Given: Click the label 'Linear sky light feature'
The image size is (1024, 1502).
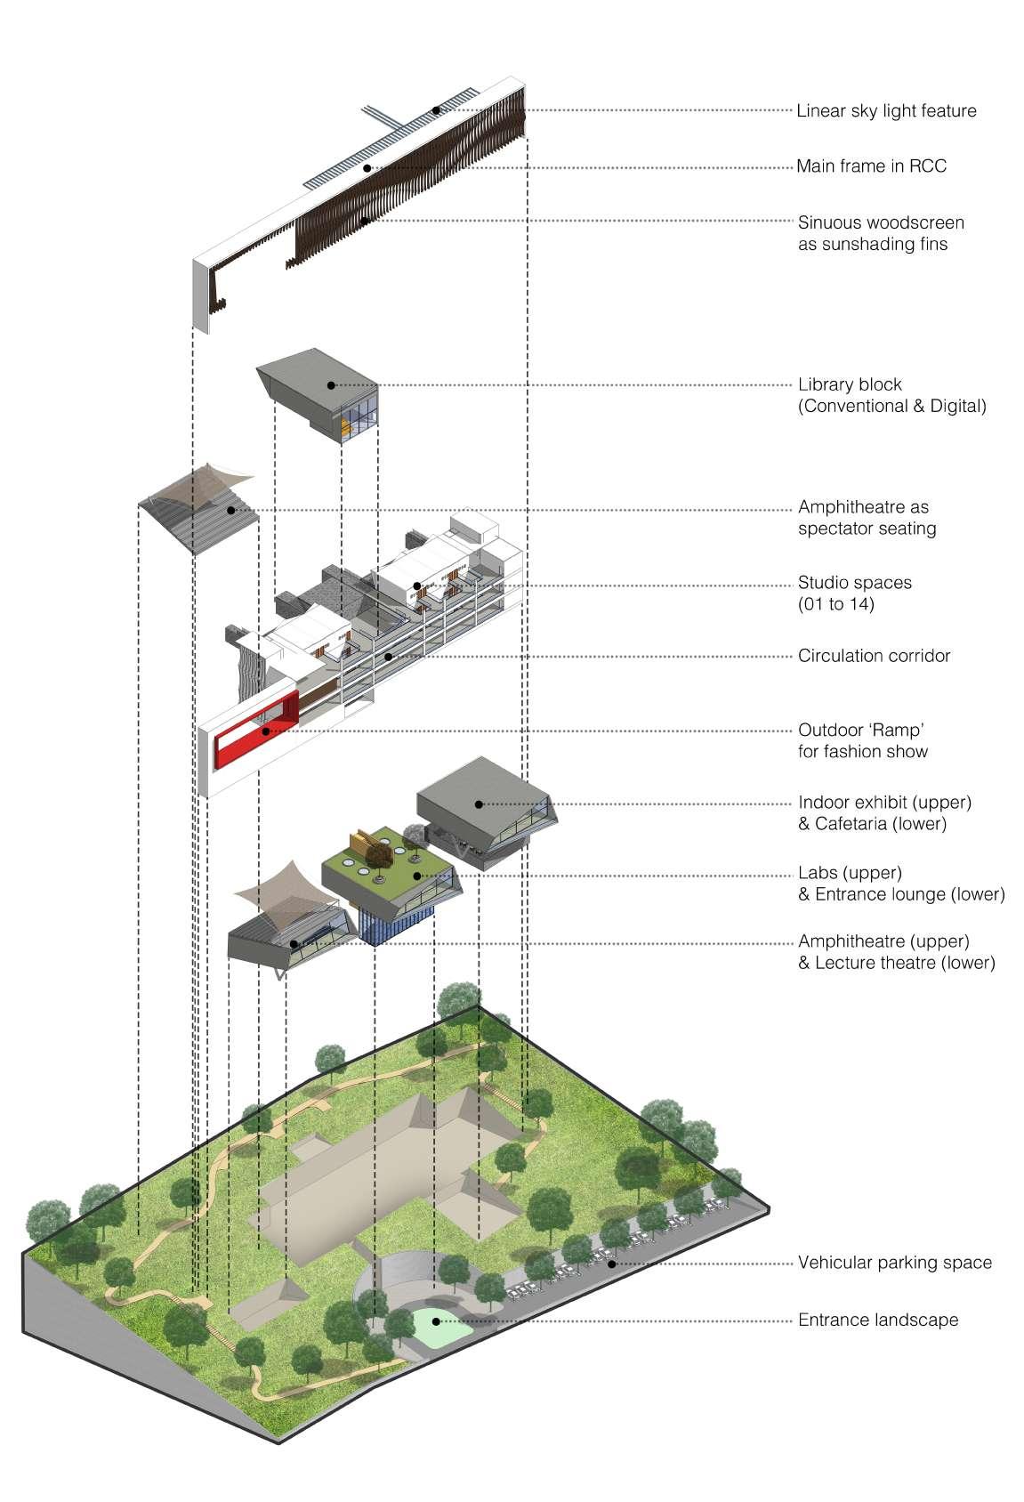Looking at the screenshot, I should point(886,111).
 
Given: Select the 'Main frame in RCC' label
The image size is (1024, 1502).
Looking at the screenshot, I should point(871,166).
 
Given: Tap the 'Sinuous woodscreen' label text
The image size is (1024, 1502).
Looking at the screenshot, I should point(881,222).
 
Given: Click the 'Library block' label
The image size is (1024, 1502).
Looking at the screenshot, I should point(850,384).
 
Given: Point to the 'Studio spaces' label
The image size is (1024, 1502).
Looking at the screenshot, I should point(854,583).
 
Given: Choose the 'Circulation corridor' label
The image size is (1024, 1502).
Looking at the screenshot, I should point(874,656).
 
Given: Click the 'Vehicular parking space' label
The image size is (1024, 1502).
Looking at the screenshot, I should point(894,1263).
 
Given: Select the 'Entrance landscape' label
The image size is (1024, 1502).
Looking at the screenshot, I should point(877,1320).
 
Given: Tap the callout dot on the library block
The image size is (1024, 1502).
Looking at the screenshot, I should point(331,385).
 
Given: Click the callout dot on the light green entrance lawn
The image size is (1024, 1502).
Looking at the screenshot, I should point(435,1320).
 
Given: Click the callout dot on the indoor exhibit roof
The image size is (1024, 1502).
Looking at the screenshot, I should point(479,803).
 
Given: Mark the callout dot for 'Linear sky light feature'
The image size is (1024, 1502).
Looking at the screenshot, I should point(436,110).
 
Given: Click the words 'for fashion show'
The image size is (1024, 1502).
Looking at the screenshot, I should point(862,752).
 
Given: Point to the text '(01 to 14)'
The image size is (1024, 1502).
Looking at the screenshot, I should point(835,605).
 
